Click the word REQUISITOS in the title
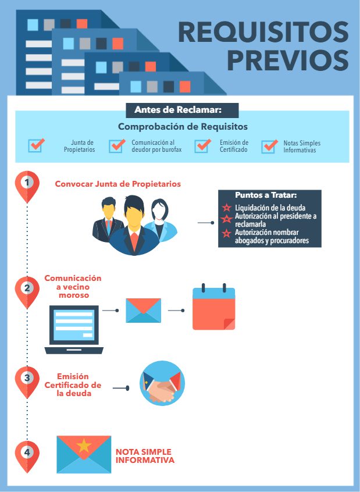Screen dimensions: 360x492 [x=263, y=32]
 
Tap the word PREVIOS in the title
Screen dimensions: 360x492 [x=288, y=60]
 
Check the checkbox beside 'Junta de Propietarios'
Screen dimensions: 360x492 [x=36, y=145]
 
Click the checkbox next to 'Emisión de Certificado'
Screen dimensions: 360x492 [x=202, y=145]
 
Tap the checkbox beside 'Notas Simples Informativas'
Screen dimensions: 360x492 [x=269, y=146]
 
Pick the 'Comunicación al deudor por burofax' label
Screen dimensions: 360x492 [x=156, y=146]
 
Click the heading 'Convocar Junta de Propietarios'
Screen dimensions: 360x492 [x=117, y=184]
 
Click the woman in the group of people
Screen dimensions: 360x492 [x=161, y=220]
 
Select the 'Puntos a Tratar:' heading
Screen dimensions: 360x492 [x=266, y=195]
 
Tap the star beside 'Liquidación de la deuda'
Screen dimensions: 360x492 [x=227, y=208]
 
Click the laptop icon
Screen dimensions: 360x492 [x=74, y=330]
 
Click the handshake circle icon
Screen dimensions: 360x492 [x=162, y=383]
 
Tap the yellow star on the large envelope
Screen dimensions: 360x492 [x=84, y=445]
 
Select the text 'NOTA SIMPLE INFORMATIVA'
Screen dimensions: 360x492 [x=145, y=456]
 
